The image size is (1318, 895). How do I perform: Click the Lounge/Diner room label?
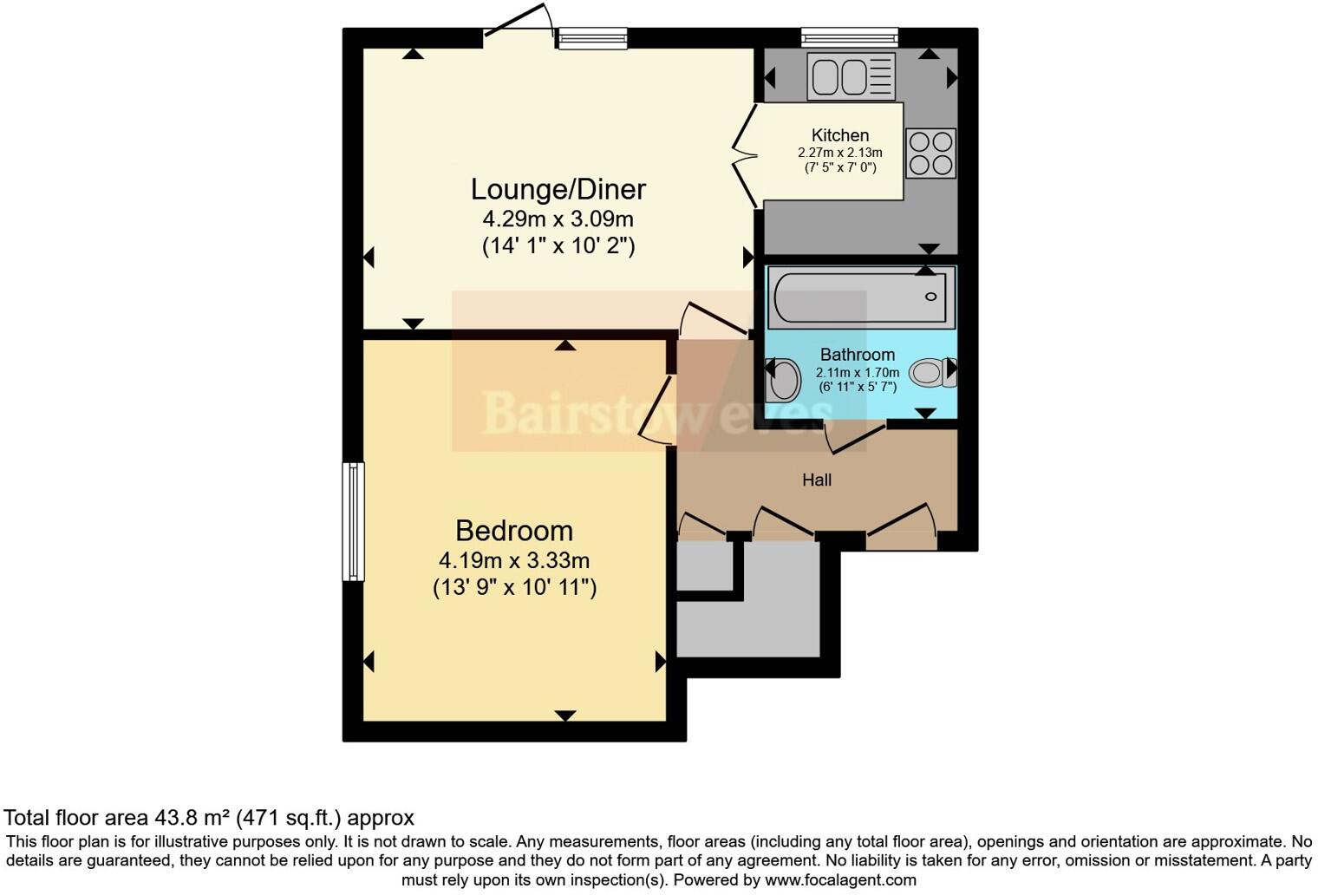[558, 189]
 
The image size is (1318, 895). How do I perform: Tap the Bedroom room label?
[514, 531]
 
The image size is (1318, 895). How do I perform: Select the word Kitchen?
[839, 135]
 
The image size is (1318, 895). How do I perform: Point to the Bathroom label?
[857, 355]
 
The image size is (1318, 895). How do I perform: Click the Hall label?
[816, 480]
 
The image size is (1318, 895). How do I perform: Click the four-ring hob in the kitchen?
[930, 154]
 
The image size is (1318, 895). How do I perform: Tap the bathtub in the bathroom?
[860, 297]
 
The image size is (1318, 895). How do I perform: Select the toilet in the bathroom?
[930, 373]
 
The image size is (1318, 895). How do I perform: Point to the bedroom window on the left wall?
[353, 521]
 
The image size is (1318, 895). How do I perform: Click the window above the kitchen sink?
[849, 37]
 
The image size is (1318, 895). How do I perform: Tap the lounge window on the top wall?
[591, 37]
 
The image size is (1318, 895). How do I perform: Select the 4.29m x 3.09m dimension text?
[558, 219]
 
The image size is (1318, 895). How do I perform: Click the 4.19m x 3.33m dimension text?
[514, 560]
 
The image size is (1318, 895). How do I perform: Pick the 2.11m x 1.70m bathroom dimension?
[857, 373]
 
